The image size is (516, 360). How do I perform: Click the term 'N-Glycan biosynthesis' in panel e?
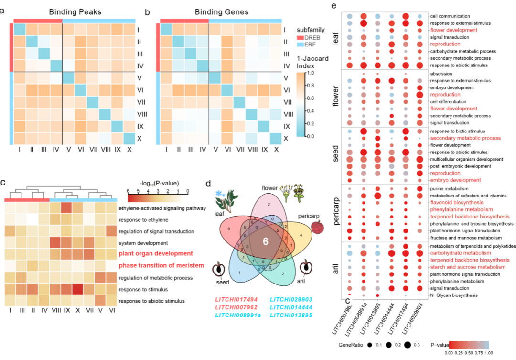(x=454, y=295)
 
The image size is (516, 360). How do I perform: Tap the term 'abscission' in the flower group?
(x=441, y=74)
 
